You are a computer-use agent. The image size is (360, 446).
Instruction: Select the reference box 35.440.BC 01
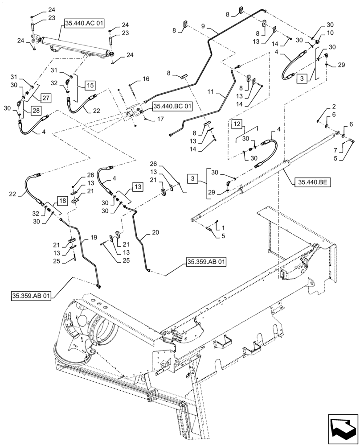[172, 107]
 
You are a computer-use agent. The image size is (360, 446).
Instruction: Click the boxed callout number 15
[90, 85]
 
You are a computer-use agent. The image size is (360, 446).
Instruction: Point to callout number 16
[146, 79]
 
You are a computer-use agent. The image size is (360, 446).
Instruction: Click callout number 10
[330, 33]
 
